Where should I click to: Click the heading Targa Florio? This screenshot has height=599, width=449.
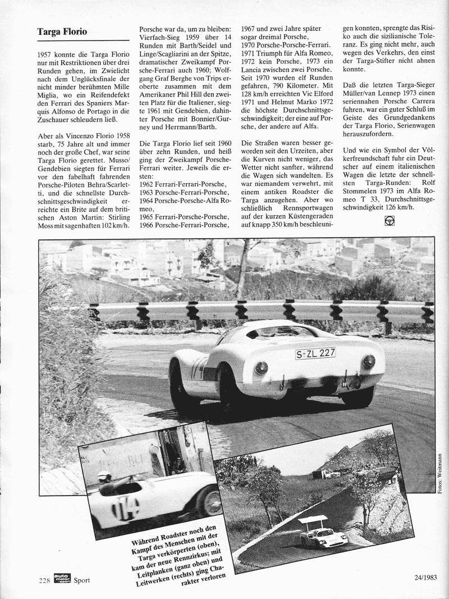coord(62,32)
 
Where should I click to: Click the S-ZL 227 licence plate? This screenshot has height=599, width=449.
coord(315,353)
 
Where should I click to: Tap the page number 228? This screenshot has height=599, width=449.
coord(45,579)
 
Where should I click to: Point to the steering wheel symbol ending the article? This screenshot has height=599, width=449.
coord(389,221)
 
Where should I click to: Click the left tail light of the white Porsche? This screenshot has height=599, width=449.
coord(262,368)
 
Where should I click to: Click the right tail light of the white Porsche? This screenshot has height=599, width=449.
coord(368,362)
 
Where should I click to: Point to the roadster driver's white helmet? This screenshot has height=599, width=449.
coord(103,475)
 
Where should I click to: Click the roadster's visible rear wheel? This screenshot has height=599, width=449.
coord(209,501)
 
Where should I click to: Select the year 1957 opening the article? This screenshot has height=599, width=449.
coord(46,56)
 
